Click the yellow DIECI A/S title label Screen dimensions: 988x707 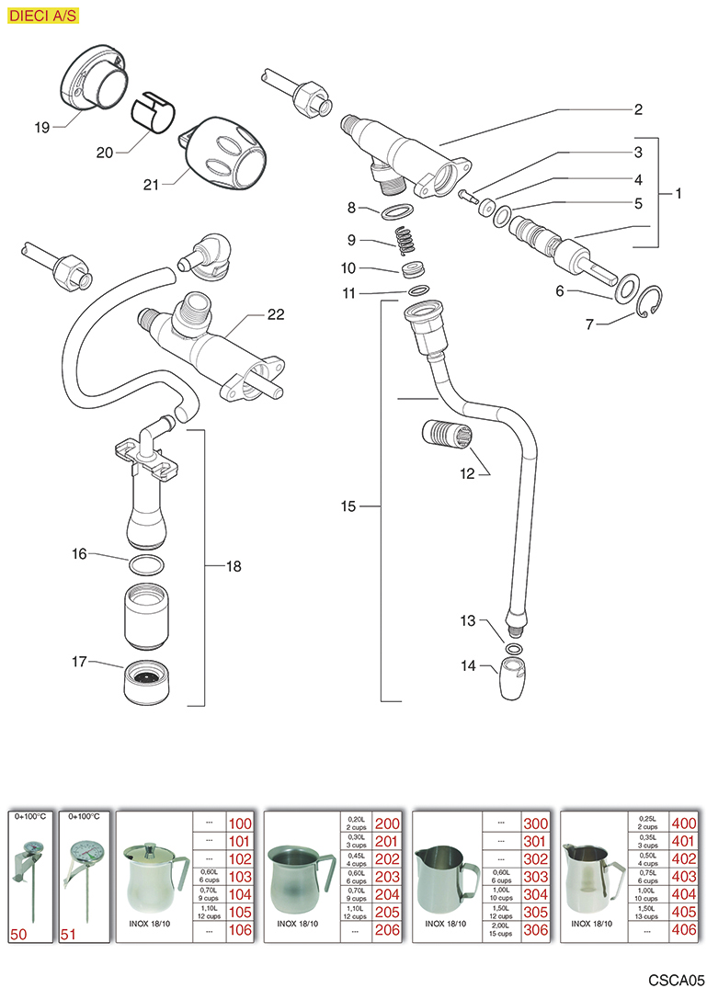click(x=43, y=16)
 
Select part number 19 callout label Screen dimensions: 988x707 click(x=42, y=128)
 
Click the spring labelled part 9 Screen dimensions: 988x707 click(x=404, y=244)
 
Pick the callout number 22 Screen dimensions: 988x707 click(x=276, y=315)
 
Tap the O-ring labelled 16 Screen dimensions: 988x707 click(x=146, y=562)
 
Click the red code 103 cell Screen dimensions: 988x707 click(x=239, y=877)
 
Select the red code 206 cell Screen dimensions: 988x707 click(x=386, y=930)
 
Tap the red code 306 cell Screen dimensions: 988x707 click(x=535, y=930)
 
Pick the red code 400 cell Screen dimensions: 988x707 click(x=684, y=823)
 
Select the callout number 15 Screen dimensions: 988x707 click(x=347, y=505)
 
